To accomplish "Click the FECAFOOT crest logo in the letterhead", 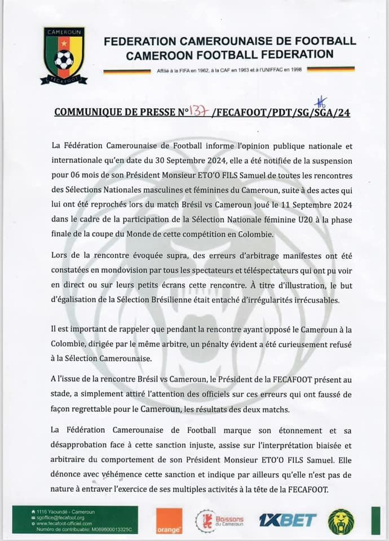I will click(64, 56).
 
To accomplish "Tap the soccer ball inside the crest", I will click(64, 59).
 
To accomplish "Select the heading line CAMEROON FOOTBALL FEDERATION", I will click(230, 55).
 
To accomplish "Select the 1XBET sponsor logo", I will click(288, 520).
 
